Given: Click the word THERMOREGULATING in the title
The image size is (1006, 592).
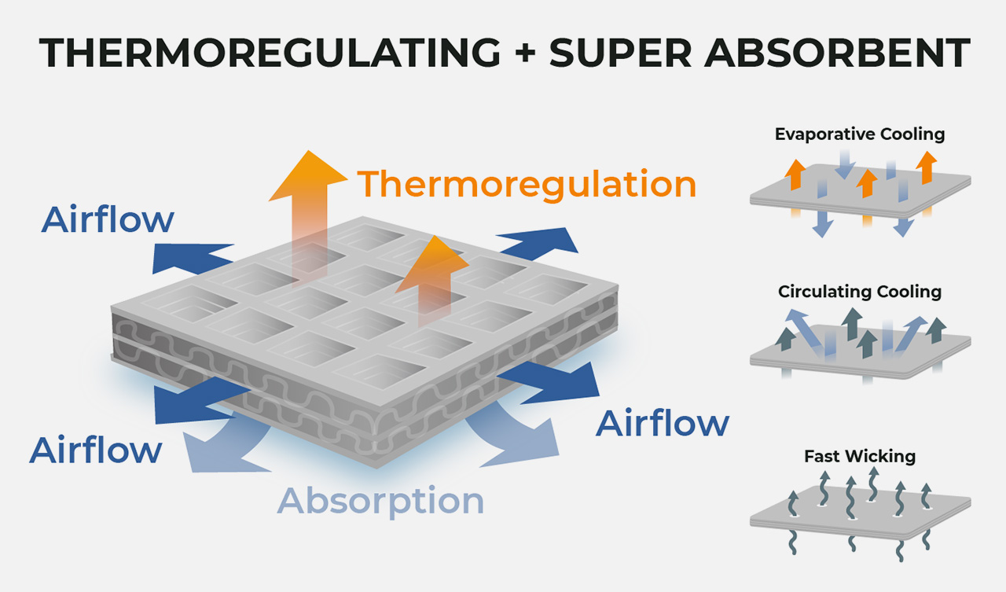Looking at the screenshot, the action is click(x=270, y=53).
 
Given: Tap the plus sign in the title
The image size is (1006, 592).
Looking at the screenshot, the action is click(x=525, y=52).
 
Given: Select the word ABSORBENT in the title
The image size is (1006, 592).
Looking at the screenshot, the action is click(x=837, y=53).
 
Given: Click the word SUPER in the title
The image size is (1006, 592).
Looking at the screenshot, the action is click(x=620, y=53).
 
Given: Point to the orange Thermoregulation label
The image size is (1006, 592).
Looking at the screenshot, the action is click(x=527, y=184).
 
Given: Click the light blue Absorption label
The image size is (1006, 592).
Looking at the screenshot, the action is click(x=381, y=502).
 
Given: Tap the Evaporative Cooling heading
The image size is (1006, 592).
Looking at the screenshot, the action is click(x=860, y=134).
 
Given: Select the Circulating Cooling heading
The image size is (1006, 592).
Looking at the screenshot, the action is click(x=860, y=292).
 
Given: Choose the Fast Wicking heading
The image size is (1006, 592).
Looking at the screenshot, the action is click(x=860, y=456).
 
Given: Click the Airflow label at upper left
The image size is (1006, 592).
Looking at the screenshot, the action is click(x=108, y=219).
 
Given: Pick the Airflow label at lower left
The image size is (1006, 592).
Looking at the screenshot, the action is click(x=96, y=450).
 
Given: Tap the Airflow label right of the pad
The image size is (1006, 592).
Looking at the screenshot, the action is click(x=663, y=423).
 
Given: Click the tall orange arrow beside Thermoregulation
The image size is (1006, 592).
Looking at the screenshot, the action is click(x=309, y=215).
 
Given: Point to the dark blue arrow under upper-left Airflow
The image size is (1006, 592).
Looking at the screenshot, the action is click(x=193, y=259).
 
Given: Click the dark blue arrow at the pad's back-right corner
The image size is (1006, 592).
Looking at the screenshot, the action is click(x=538, y=244).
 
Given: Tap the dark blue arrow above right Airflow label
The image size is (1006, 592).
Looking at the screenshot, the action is click(x=549, y=383).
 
